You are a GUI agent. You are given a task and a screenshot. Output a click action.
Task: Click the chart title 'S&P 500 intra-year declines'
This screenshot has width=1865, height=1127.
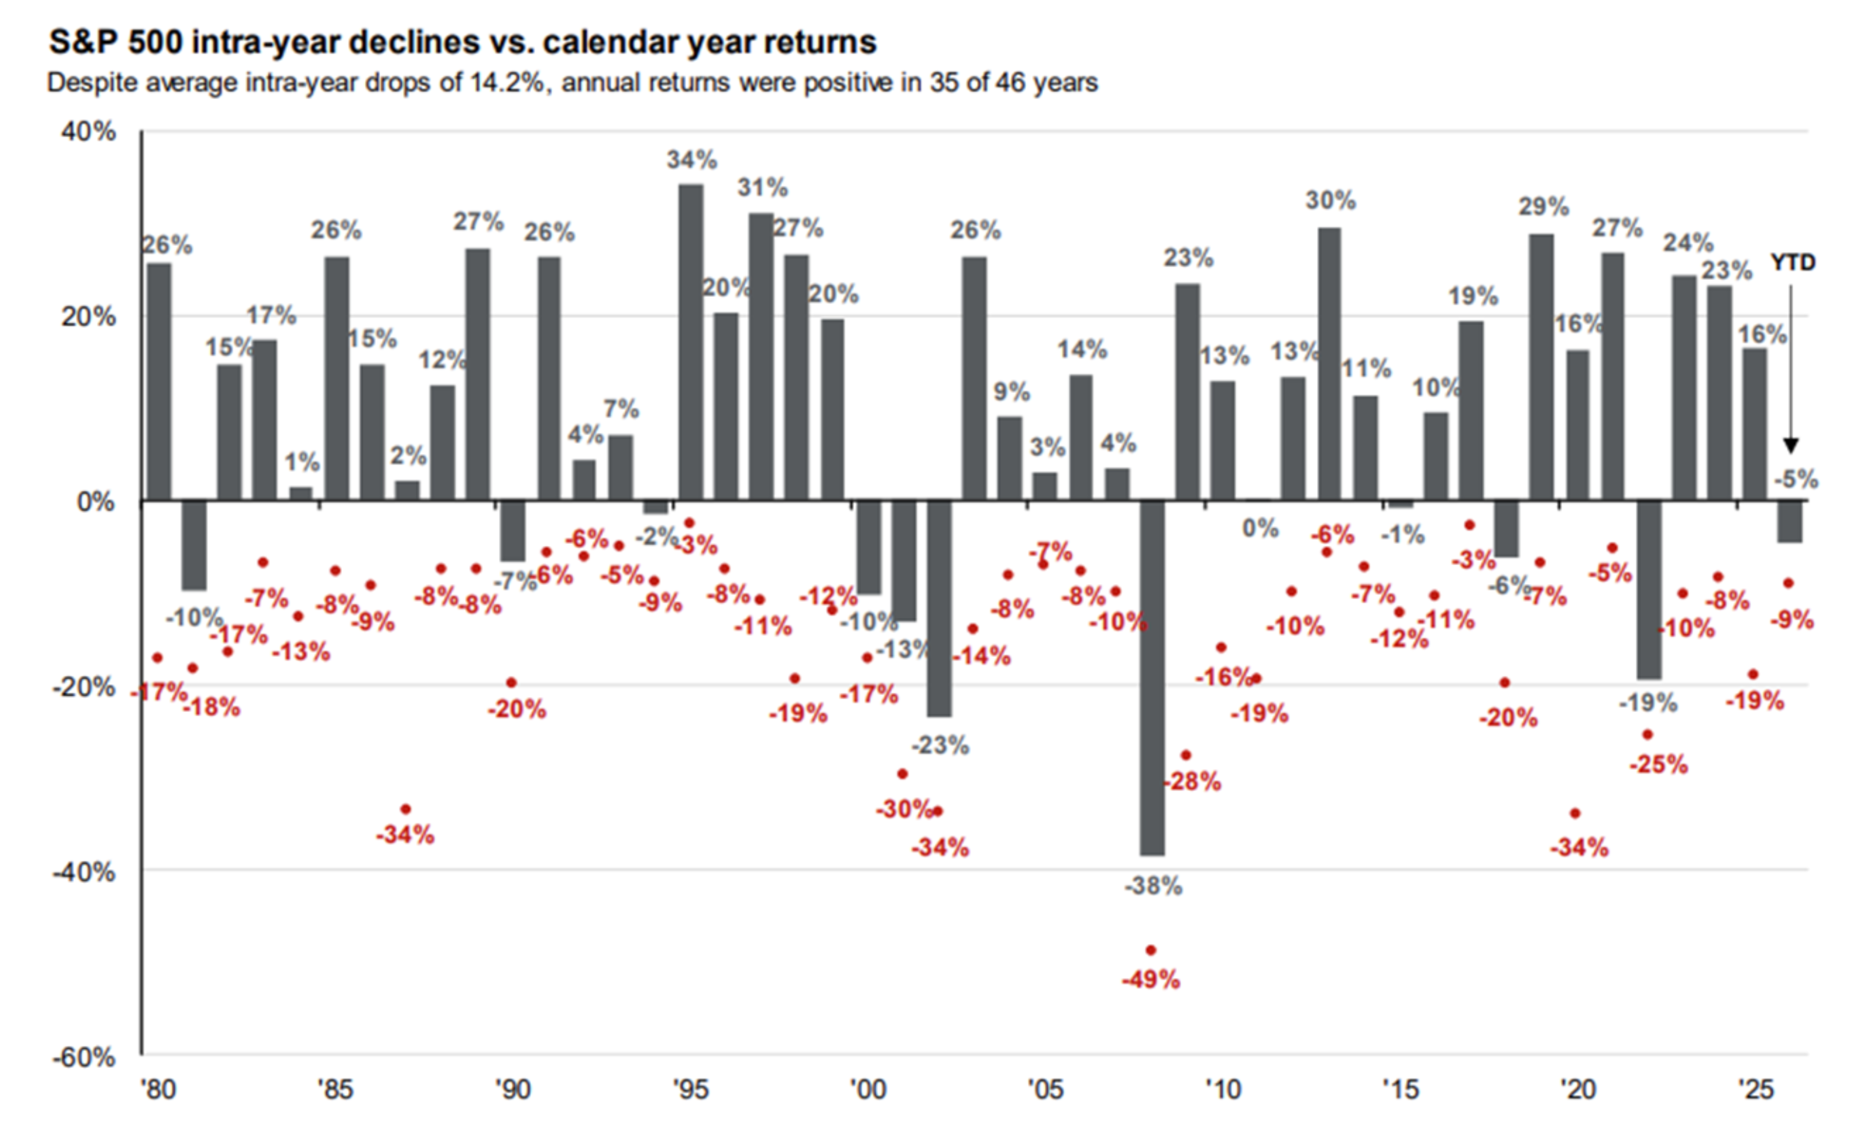click(x=462, y=42)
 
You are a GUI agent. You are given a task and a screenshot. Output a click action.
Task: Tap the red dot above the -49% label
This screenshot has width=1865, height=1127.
click(x=1150, y=950)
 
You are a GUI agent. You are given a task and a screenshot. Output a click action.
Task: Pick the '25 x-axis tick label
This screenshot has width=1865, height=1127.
click(x=1755, y=1089)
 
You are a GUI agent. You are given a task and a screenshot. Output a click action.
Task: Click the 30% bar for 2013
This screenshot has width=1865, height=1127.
click(x=1329, y=363)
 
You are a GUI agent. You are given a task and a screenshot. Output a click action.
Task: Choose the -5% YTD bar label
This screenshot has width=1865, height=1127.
click(x=1795, y=479)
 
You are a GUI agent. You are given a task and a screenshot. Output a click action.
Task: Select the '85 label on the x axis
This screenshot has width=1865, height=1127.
click(x=335, y=1089)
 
